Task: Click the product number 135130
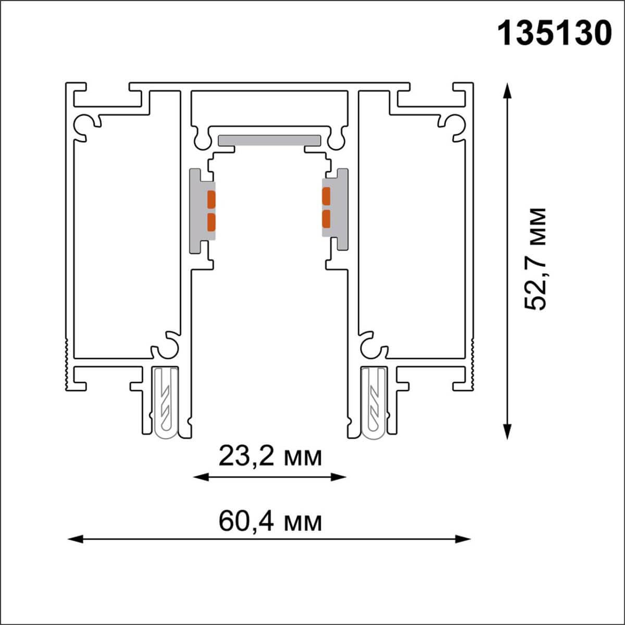[555, 33]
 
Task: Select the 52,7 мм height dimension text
[536, 259]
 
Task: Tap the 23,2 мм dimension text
[270, 457]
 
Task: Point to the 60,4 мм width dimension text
[270, 521]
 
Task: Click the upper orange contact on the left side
[211, 198]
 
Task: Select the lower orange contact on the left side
[211, 222]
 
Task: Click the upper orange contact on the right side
[326, 196]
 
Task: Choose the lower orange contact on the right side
[326, 219]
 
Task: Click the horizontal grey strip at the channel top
[269, 140]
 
